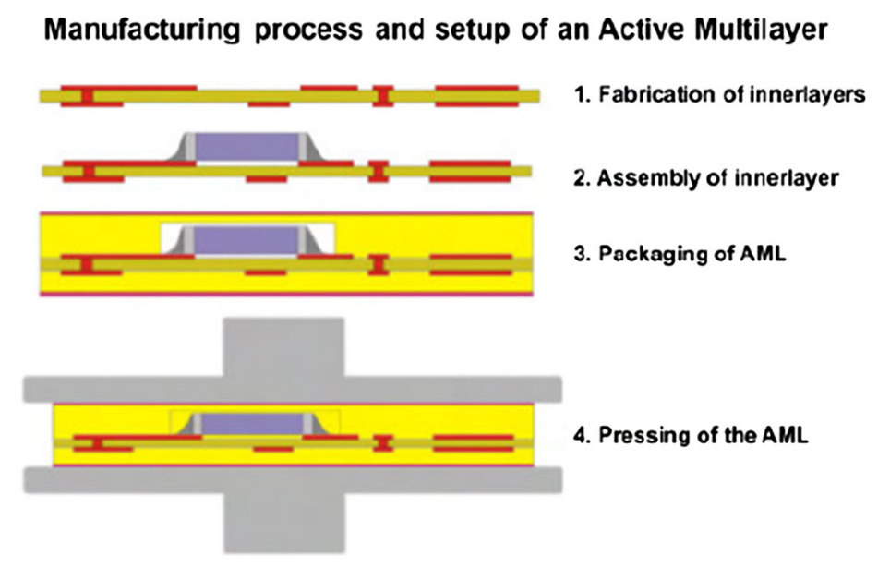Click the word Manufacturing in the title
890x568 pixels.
[x=142, y=30]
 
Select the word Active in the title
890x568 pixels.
[x=643, y=29]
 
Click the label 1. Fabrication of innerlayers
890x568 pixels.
[x=720, y=94]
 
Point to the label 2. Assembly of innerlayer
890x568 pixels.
[x=706, y=177]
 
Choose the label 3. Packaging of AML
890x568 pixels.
[x=680, y=253]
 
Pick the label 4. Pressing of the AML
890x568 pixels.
[x=691, y=435]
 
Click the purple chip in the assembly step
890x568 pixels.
[x=247, y=147]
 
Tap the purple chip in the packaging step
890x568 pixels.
[x=247, y=240]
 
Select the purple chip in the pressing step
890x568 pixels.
[x=252, y=424]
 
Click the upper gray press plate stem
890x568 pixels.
[x=283, y=347]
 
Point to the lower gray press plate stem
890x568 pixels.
[x=283, y=523]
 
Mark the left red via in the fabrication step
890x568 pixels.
[x=87, y=96]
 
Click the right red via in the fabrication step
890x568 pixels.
[x=383, y=96]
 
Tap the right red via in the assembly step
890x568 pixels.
[x=378, y=172]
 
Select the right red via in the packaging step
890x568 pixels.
[x=379, y=265]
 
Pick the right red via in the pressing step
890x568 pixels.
[x=384, y=443]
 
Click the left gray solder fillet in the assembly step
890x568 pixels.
[x=183, y=148]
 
